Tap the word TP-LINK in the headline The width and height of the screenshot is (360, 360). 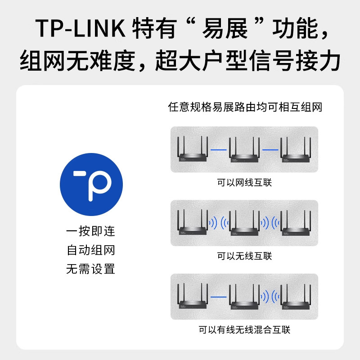click(x=81, y=29)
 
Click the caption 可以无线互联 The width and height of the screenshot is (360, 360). click(x=244, y=256)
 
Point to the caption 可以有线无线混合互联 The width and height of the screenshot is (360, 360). click(x=244, y=330)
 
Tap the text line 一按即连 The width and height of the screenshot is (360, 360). click(x=91, y=232)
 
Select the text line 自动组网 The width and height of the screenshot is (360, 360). click(x=91, y=251)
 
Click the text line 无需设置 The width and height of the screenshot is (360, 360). click(x=91, y=270)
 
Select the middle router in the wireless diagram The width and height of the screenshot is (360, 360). click(x=244, y=225)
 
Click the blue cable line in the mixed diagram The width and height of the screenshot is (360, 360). click(x=219, y=297)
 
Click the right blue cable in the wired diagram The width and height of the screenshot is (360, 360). click(x=270, y=149)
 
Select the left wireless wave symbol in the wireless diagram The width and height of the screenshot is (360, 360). click(x=219, y=223)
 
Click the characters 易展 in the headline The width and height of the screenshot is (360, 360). click(x=232, y=29)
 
